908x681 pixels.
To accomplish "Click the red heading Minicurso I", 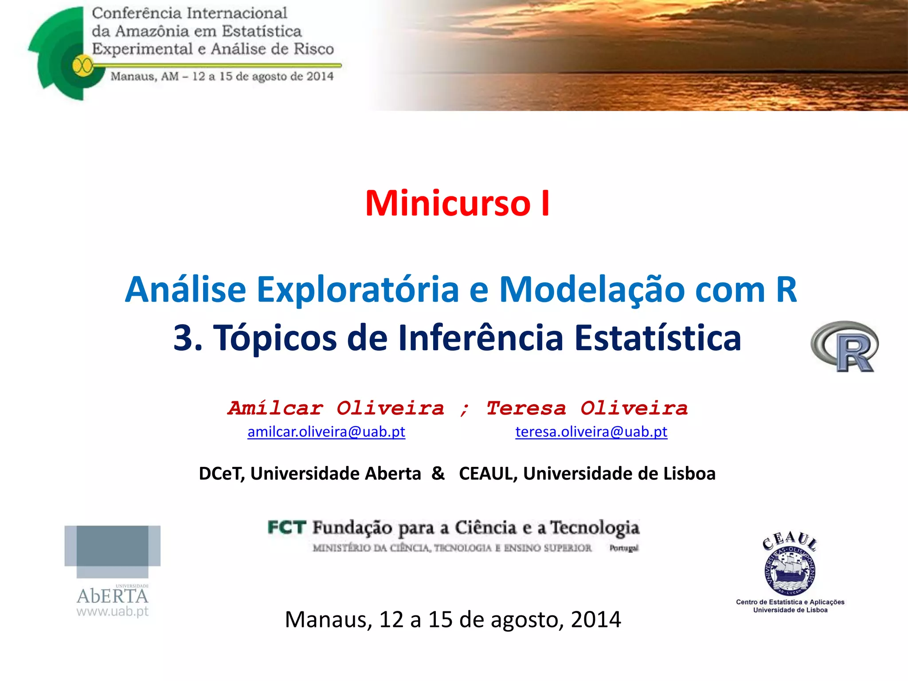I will [457, 204].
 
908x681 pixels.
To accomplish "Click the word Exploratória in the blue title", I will [358, 290].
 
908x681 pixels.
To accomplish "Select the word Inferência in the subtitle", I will [481, 338].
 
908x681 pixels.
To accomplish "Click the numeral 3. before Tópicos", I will [188, 338].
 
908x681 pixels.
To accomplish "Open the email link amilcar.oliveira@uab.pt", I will [326, 432].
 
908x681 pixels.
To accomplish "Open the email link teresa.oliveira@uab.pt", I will [591, 432].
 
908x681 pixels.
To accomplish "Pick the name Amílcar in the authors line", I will [276, 408].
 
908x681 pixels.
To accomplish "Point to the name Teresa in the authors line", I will [526, 408].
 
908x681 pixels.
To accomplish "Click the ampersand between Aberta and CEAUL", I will [438, 474].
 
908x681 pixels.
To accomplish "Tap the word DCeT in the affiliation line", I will [221, 474].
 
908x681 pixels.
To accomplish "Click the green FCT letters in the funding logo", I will [287, 528].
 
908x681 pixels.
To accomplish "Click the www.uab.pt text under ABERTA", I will [113, 612].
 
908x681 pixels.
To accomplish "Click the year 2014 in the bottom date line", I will [596, 619].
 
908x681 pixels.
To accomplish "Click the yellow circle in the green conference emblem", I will [82, 66].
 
